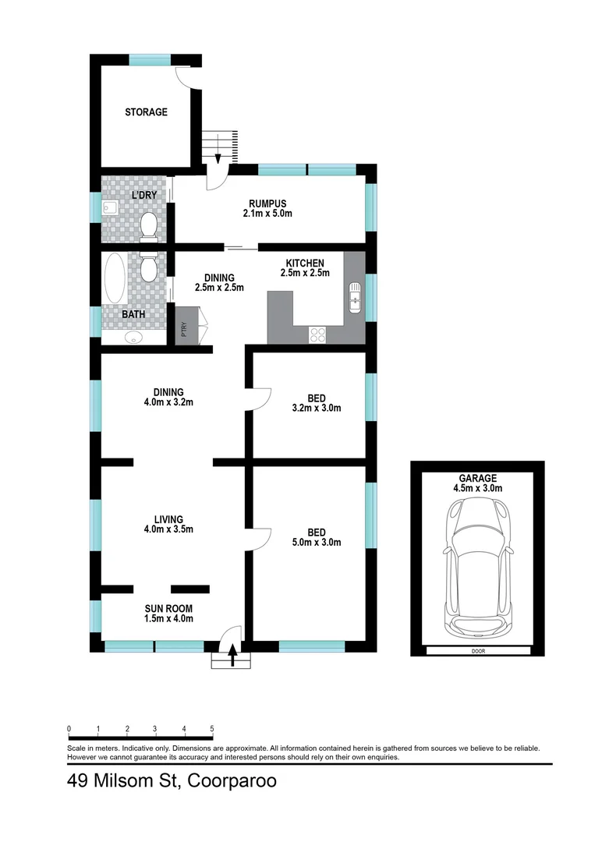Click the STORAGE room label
(x=146, y=112)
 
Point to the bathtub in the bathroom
(x=114, y=279)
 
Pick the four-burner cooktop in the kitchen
(x=318, y=334)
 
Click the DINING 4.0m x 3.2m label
(x=168, y=397)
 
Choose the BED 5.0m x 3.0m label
(x=316, y=537)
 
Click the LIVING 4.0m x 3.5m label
(x=168, y=524)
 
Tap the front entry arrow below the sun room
(x=232, y=656)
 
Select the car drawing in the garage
(x=477, y=566)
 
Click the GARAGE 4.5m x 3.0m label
(x=477, y=483)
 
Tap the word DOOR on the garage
(x=477, y=651)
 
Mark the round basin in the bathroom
(x=136, y=337)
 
